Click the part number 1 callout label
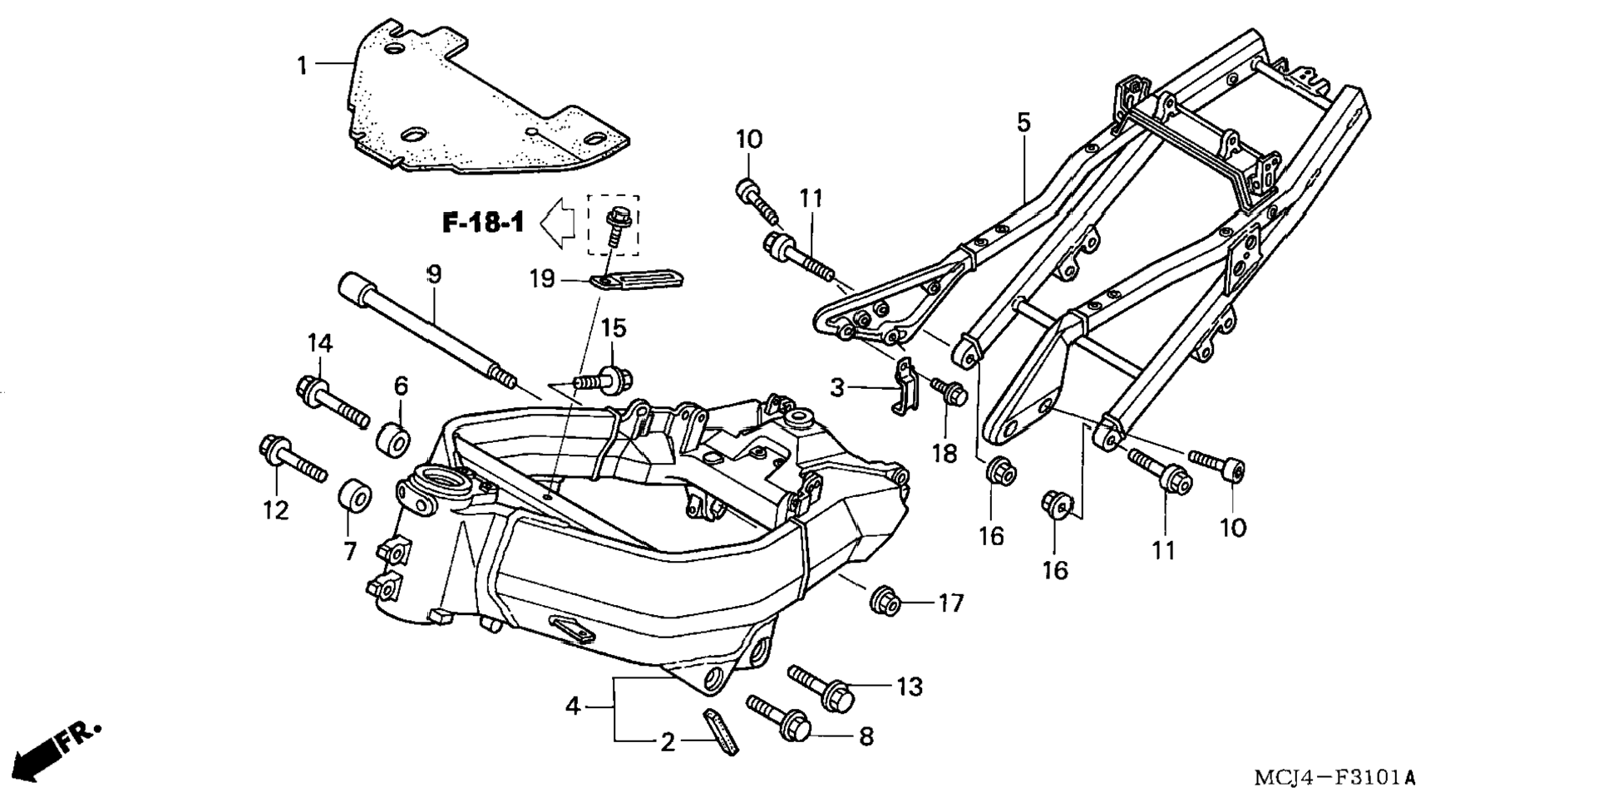coord(303,65)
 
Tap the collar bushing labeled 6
coord(394,439)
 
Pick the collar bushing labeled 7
coord(354,496)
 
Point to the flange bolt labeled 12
coord(293,458)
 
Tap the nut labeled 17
coord(885,600)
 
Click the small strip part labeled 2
coord(721,731)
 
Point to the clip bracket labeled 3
coord(904,386)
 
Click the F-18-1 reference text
coord(483,223)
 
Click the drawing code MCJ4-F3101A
coord(1334,779)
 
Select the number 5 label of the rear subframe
coord(1023,122)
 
